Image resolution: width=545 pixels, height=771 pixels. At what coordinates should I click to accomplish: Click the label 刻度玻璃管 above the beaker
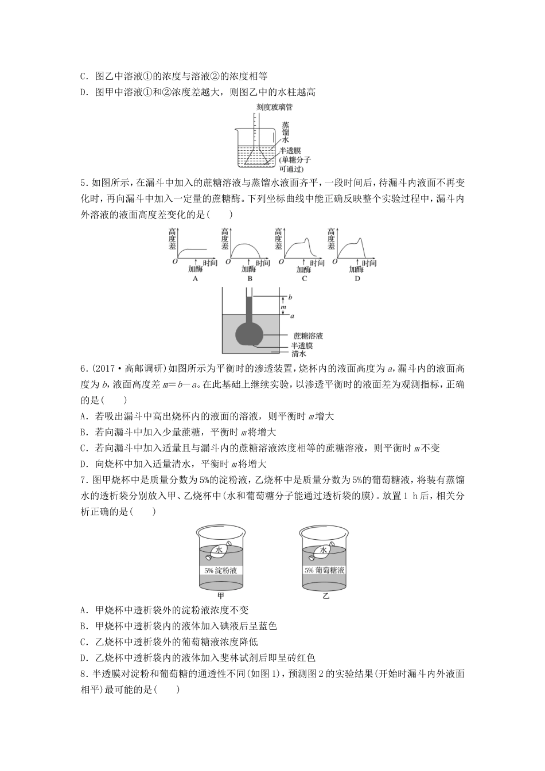click(275, 107)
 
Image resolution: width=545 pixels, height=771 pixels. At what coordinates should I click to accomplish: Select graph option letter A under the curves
click(195, 279)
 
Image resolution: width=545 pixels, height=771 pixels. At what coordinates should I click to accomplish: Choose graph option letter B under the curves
click(250, 279)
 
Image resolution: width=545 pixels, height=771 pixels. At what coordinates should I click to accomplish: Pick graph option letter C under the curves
click(304, 279)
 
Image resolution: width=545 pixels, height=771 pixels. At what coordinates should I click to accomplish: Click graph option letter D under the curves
click(357, 279)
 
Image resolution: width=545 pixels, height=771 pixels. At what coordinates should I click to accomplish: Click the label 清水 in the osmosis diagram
click(299, 353)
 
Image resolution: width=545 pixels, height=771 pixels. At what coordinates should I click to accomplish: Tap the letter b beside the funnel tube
click(290, 297)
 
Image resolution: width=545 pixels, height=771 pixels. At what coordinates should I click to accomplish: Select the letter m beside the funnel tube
click(283, 307)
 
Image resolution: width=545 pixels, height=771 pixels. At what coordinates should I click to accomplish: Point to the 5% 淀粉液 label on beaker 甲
click(220, 571)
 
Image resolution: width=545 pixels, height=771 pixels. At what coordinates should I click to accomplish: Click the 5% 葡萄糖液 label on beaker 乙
click(325, 571)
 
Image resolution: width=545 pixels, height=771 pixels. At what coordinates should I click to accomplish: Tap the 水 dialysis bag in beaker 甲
click(219, 550)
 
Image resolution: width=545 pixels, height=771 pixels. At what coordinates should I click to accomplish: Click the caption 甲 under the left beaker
click(221, 596)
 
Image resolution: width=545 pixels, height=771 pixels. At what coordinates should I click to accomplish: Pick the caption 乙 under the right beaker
click(326, 596)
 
